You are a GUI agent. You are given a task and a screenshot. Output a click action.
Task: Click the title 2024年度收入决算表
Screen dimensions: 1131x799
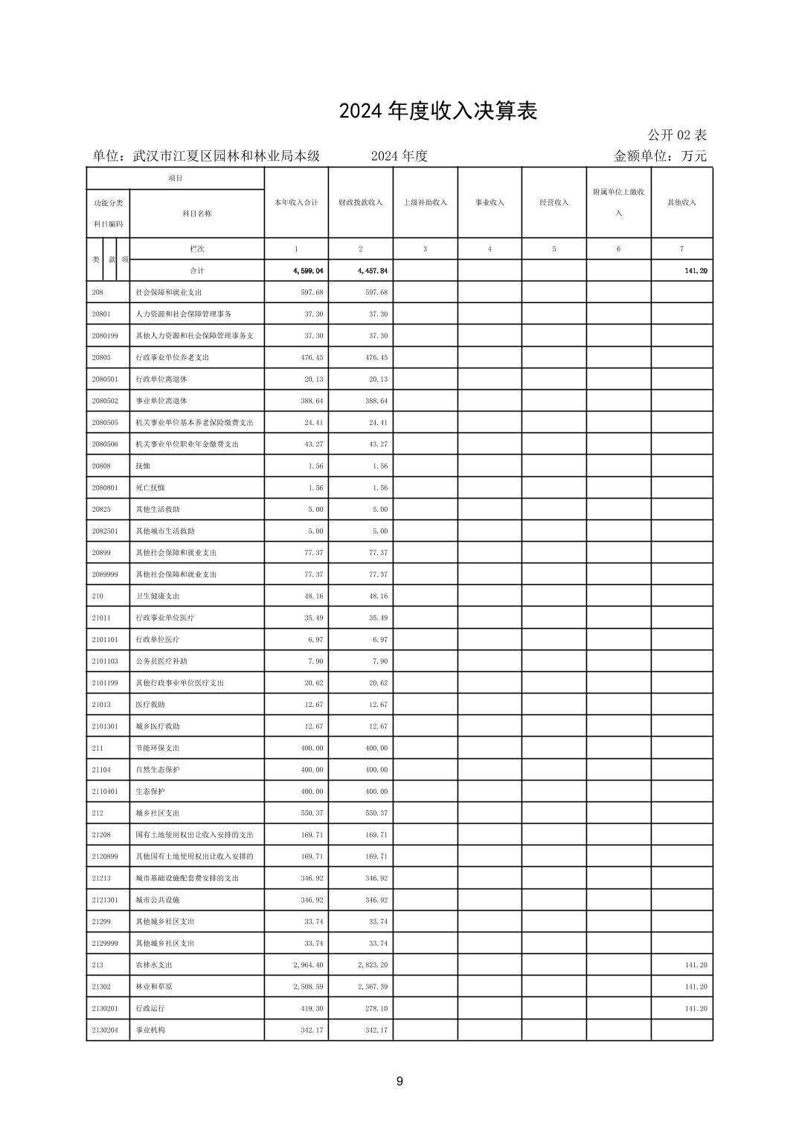tap(438, 111)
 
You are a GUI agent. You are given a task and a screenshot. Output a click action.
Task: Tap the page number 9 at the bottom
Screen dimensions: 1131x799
tap(399, 1081)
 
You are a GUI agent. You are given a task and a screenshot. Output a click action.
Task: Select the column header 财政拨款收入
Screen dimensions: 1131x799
tap(361, 202)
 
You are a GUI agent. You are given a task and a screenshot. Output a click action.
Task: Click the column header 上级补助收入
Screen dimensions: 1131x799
tap(425, 202)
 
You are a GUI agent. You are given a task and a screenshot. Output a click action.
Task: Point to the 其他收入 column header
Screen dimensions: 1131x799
tap(681, 202)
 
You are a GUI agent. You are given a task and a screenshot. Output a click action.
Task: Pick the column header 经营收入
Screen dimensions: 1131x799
tap(553, 202)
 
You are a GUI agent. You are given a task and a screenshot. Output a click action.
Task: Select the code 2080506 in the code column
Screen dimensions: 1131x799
tap(105, 444)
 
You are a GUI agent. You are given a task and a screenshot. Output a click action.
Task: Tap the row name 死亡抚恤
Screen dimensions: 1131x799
tap(150, 487)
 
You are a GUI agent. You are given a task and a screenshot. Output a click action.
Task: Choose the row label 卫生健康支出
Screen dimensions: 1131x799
tap(158, 596)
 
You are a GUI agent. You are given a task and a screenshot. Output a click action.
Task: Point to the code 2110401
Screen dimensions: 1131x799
tap(105, 792)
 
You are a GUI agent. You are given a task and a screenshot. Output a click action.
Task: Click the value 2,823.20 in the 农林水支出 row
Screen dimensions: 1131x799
tap(372, 965)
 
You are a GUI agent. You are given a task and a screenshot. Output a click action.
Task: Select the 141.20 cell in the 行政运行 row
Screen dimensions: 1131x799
tap(696, 1008)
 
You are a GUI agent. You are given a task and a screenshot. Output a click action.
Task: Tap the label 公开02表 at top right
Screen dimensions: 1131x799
tap(677, 135)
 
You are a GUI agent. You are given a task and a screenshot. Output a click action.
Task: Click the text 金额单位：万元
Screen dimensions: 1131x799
tap(660, 156)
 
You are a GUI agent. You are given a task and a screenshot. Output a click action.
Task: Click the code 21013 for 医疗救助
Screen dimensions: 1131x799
tap(101, 705)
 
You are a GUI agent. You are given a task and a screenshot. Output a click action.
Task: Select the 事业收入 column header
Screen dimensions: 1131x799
tap(490, 202)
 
